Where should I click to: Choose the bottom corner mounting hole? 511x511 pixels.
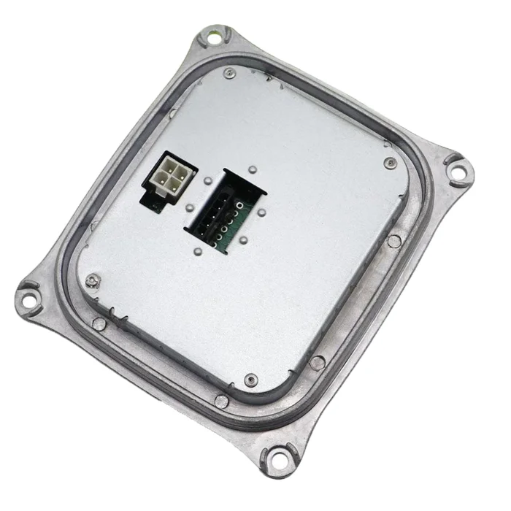point(275,458)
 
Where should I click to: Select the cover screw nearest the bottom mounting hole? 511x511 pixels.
point(251,380)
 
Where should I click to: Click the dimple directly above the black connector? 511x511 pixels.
point(252,169)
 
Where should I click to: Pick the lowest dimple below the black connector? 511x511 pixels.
point(198,252)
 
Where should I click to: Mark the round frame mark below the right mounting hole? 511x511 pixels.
point(393,241)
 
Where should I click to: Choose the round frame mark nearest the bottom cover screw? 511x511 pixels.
point(221,400)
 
